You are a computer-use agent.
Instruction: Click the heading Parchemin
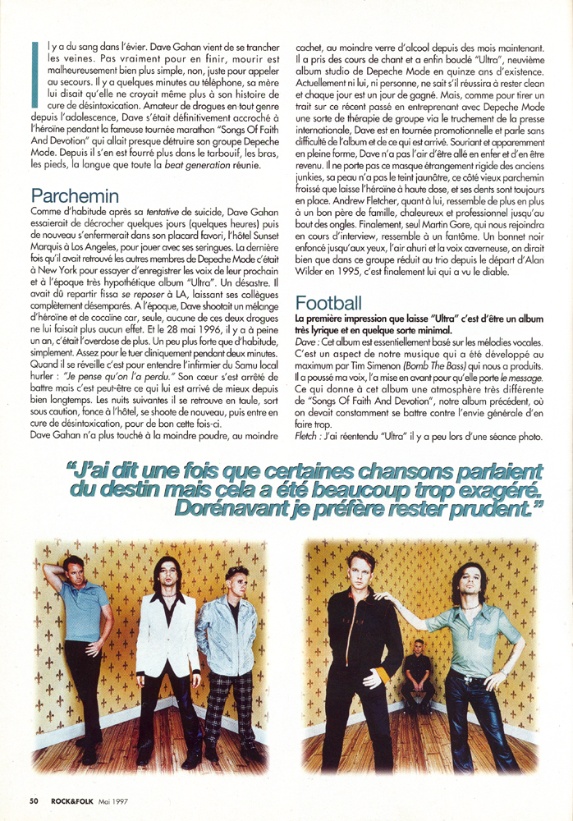pyautogui.click(x=75, y=196)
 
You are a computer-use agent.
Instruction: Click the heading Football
pyautogui.click(x=331, y=301)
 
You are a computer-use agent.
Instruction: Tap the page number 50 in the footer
pyautogui.click(x=34, y=800)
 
